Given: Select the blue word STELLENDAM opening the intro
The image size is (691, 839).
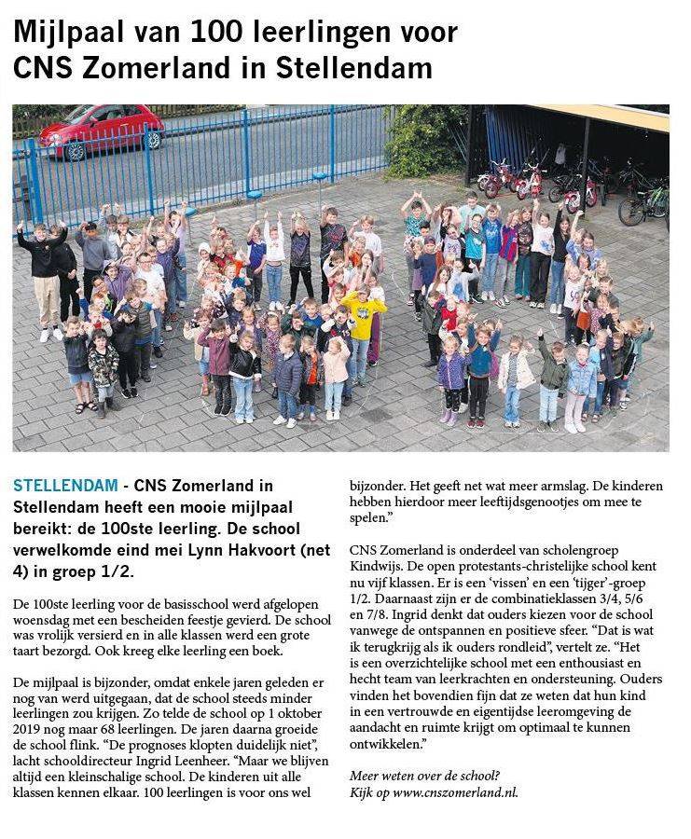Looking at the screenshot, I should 65,486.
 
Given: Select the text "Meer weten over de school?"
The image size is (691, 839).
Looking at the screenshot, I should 424,776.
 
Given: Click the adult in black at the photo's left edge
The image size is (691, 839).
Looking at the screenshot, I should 43,270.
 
